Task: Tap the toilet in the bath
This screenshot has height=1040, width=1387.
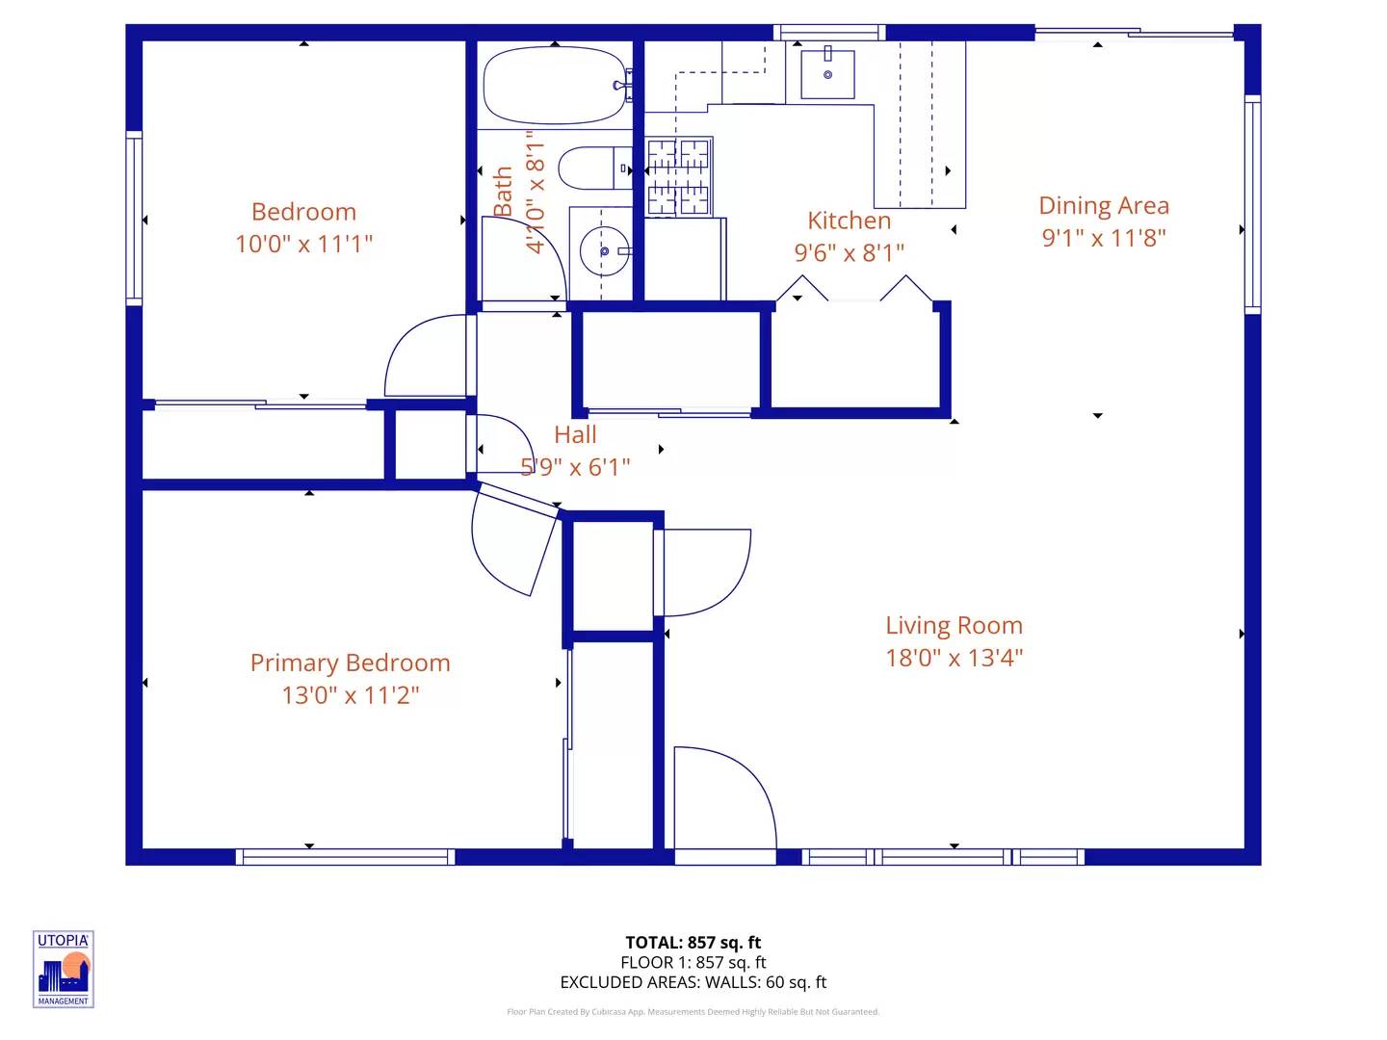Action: pos(594,168)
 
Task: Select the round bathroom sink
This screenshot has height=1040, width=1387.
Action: pos(604,251)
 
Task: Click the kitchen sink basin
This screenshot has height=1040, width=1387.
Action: pos(827,74)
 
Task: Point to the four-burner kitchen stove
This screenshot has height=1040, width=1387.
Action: pos(679,177)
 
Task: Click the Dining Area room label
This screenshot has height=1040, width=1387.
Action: pos(1103,206)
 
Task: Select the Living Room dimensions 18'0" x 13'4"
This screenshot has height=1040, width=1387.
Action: pos(954,658)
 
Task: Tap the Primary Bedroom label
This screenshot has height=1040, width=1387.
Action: pos(350,663)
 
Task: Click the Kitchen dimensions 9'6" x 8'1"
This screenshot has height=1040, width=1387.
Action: pos(849,253)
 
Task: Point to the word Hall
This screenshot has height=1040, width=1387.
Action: pos(575,435)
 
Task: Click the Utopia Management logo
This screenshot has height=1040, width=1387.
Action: pos(64,970)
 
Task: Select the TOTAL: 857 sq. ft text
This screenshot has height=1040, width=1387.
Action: pos(693,943)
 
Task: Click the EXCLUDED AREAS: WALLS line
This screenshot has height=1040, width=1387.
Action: pos(693,982)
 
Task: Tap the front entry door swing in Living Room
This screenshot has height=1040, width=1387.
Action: pos(725,798)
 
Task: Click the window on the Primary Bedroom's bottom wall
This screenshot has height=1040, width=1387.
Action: pos(345,857)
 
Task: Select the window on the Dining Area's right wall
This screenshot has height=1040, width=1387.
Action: pos(1252,204)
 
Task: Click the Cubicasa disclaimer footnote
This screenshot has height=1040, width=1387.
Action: pos(693,1011)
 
